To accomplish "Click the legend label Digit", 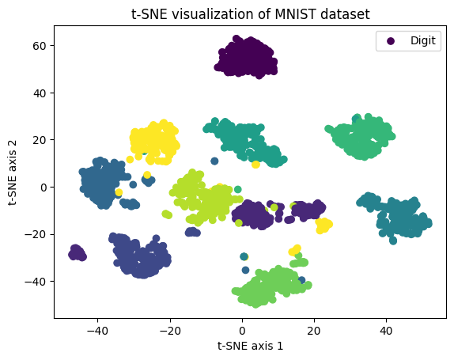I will (x=422, y=42).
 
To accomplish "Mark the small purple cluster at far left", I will (x=78, y=252).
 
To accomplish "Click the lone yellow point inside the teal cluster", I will (x=255, y=164).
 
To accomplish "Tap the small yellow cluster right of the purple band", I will (x=323, y=225).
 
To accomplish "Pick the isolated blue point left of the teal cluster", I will (x=214, y=161).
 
